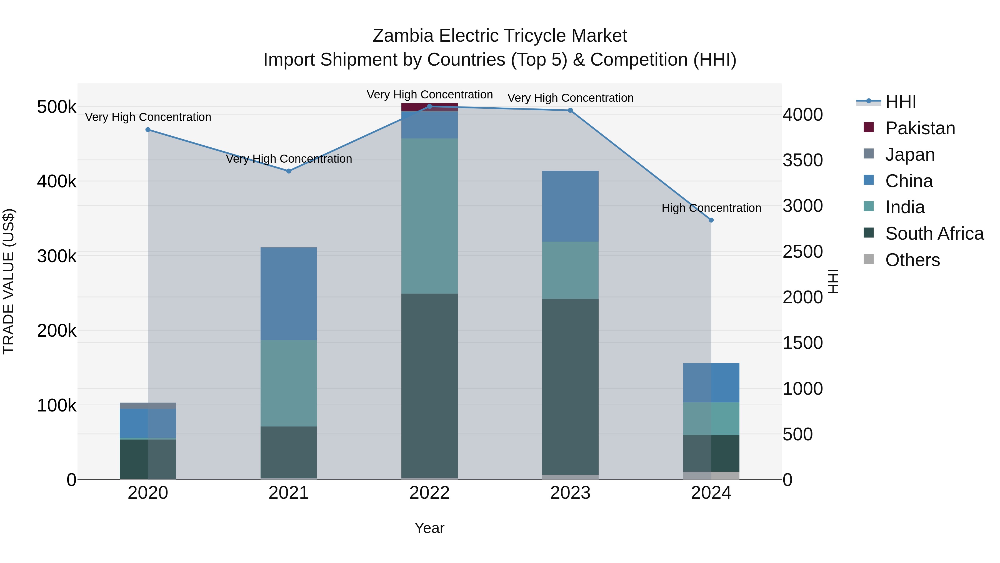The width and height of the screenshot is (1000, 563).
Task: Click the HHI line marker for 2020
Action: click(x=148, y=130)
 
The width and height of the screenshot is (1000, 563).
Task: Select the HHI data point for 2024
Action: click(x=711, y=220)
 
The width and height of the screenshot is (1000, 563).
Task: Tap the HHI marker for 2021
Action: click(x=289, y=171)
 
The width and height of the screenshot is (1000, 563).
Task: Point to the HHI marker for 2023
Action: click(x=570, y=110)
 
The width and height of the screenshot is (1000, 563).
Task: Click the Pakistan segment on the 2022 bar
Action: click(x=429, y=107)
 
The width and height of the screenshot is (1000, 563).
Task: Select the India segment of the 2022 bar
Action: click(x=429, y=216)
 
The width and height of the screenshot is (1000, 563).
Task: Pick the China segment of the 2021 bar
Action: click(x=289, y=293)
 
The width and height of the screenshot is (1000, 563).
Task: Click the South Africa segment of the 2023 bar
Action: click(x=570, y=387)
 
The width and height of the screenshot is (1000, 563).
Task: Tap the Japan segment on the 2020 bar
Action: click(x=148, y=405)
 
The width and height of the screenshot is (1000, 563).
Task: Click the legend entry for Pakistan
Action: click(x=920, y=128)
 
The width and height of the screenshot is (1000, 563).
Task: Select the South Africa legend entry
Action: click(x=934, y=234)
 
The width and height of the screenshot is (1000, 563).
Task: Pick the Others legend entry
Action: click(x=912, y=260)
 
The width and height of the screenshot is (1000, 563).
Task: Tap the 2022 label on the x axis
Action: click(x=429, y=493)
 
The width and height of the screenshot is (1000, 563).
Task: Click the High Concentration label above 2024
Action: click(x=711, y=208)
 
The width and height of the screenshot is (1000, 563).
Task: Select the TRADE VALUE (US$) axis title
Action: click(x=9, y=281)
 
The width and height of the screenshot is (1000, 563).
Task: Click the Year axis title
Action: click(x=429, y=528)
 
